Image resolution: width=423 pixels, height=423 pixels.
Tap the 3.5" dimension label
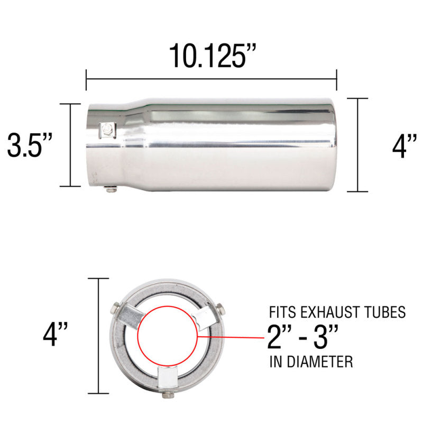[30, 145]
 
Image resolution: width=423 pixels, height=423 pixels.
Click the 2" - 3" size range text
[302, 337]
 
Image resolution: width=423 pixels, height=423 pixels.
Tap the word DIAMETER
[318, 362]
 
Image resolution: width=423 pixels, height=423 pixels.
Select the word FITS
[281, 312]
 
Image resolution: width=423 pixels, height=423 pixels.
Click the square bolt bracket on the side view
[108, 130]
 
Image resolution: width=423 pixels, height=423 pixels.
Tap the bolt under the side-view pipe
[111, 189]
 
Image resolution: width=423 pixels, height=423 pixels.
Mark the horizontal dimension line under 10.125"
[211, 79]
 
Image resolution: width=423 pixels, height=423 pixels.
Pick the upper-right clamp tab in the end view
[205, 317]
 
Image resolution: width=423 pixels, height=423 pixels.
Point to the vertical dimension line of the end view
[99, 336]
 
